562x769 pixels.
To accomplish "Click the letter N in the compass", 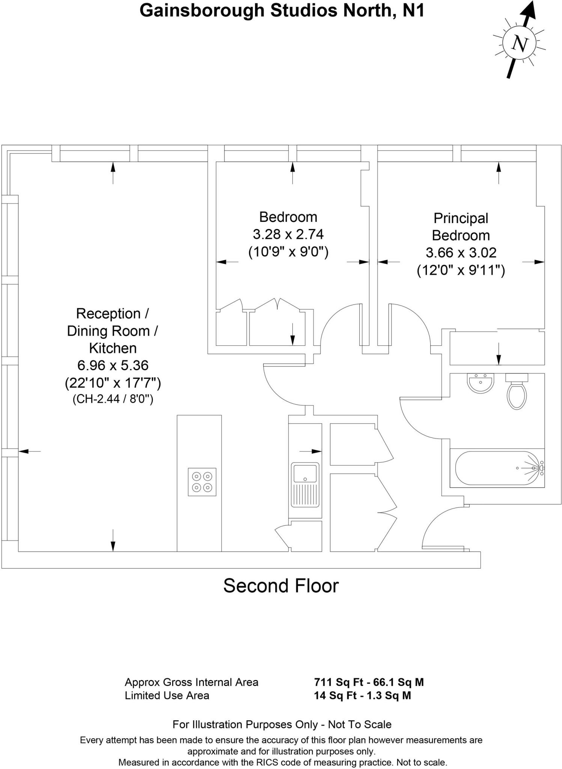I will point(520,44).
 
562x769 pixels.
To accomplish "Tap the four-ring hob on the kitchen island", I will point(202,482).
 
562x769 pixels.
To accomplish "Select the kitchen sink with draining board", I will point(305,485).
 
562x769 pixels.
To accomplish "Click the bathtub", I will point(496,468).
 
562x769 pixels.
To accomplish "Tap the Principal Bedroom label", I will point(461,227).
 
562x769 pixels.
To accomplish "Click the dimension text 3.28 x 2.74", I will point(288,234).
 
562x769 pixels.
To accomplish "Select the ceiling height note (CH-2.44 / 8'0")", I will point(113,399).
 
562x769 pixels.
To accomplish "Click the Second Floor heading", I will point(281,585).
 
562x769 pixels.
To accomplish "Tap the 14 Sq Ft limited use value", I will point(335,695).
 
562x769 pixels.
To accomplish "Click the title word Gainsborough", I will point(202,11).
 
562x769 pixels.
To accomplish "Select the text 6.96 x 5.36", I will point(113,365).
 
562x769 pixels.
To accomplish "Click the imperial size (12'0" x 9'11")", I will point(461,270).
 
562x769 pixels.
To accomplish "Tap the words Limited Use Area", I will point(167,695).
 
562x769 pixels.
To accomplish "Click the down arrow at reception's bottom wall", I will point(113,541).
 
